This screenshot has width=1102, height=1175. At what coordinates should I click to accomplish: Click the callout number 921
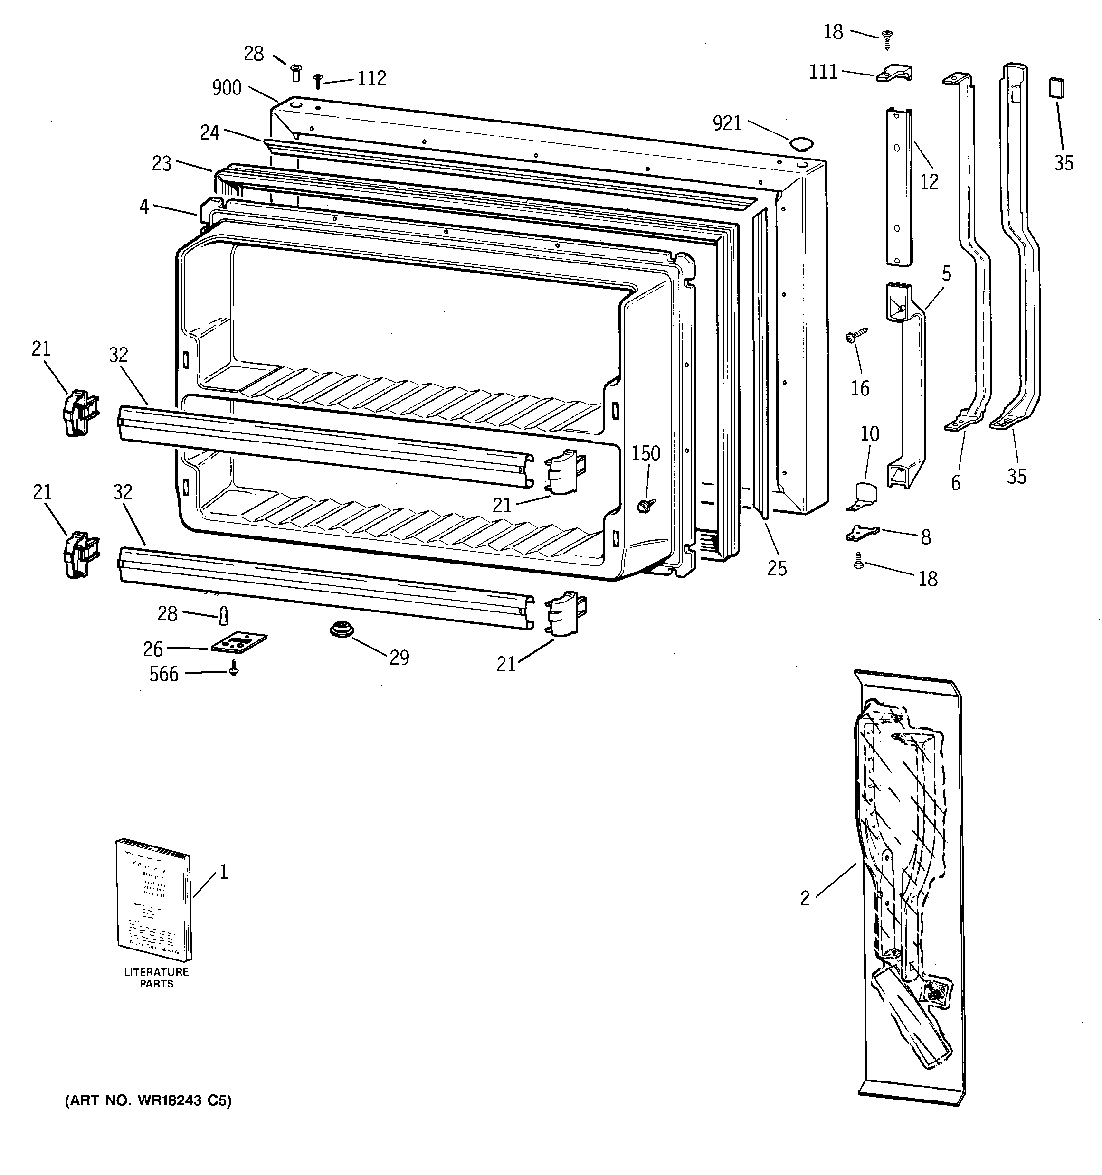click(727, 123)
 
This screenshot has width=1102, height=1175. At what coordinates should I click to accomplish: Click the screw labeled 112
click(318, 80)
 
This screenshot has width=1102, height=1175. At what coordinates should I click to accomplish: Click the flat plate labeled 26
click(239, 642)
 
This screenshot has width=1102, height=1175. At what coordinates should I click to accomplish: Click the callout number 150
click(646, 453)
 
